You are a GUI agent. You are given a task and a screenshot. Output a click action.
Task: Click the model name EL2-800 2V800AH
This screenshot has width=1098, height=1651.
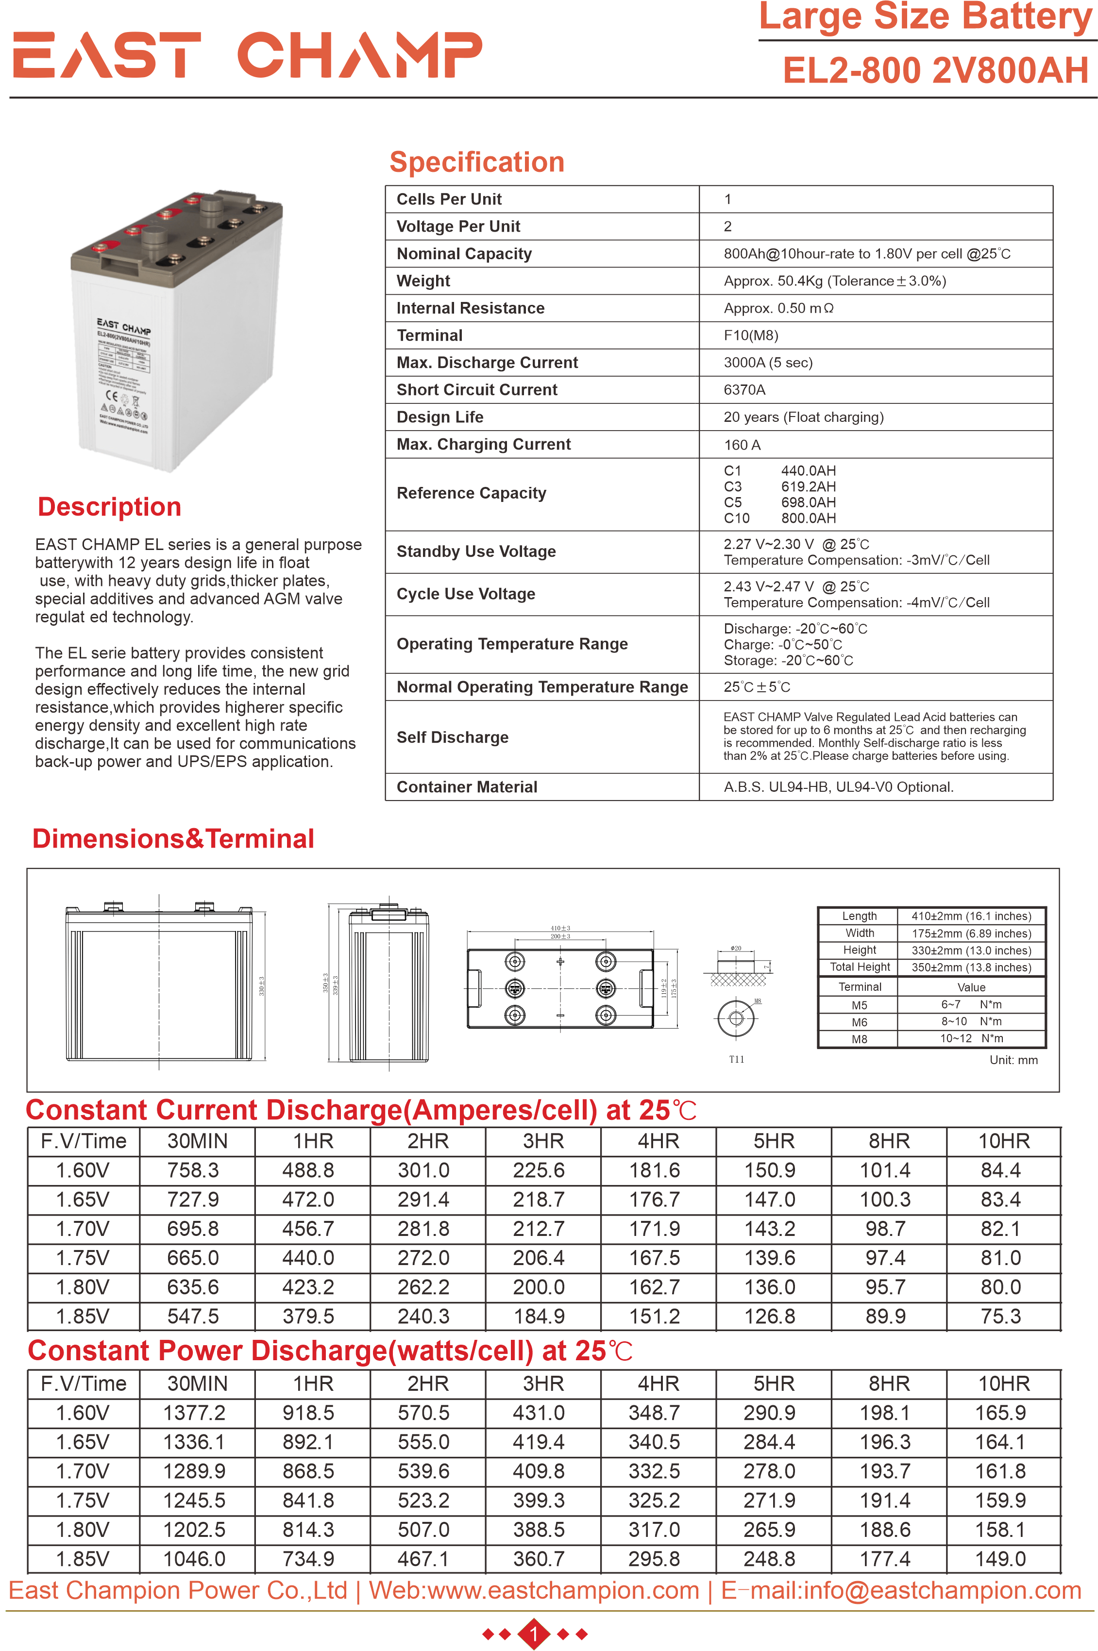935,71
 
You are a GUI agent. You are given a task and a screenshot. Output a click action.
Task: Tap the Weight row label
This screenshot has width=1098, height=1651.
423,281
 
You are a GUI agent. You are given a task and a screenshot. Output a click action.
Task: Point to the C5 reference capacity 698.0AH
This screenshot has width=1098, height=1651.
808,502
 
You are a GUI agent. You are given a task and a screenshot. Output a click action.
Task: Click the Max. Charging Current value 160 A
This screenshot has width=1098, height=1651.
742,445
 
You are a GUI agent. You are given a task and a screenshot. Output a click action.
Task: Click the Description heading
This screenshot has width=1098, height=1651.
109,507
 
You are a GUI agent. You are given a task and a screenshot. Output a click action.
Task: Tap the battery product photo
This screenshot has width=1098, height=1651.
178,329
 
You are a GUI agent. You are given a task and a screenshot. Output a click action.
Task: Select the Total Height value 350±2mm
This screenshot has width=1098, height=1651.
971,967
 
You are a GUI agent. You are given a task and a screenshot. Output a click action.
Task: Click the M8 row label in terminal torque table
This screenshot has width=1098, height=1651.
859,1039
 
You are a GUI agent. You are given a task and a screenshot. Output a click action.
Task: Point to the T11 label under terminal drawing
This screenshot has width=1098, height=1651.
736,1059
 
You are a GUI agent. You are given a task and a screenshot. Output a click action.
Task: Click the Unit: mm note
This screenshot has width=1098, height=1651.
1013,1060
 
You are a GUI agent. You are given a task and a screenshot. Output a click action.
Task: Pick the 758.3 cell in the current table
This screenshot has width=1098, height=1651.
193,1170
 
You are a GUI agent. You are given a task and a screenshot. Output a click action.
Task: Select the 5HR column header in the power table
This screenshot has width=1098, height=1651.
773,1384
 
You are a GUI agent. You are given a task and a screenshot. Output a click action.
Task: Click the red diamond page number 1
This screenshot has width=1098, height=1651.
534,1634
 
